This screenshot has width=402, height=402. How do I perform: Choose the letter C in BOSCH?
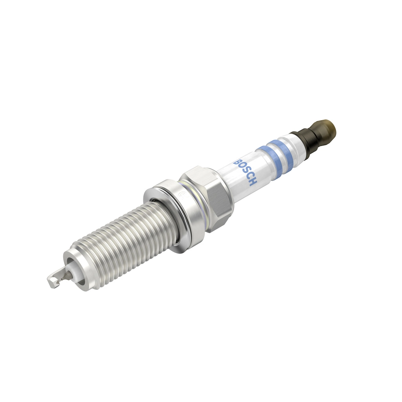coord(250,177)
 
